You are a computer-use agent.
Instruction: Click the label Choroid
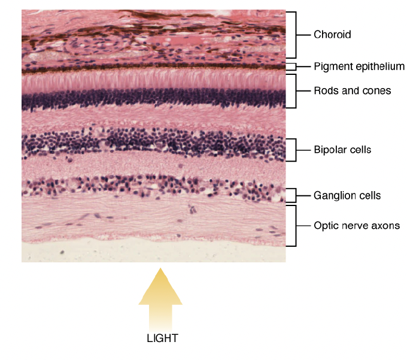(x=332, y=35)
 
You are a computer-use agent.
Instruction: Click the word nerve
(x=354, y=226)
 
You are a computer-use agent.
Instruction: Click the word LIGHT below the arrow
(x=162, y=338)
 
